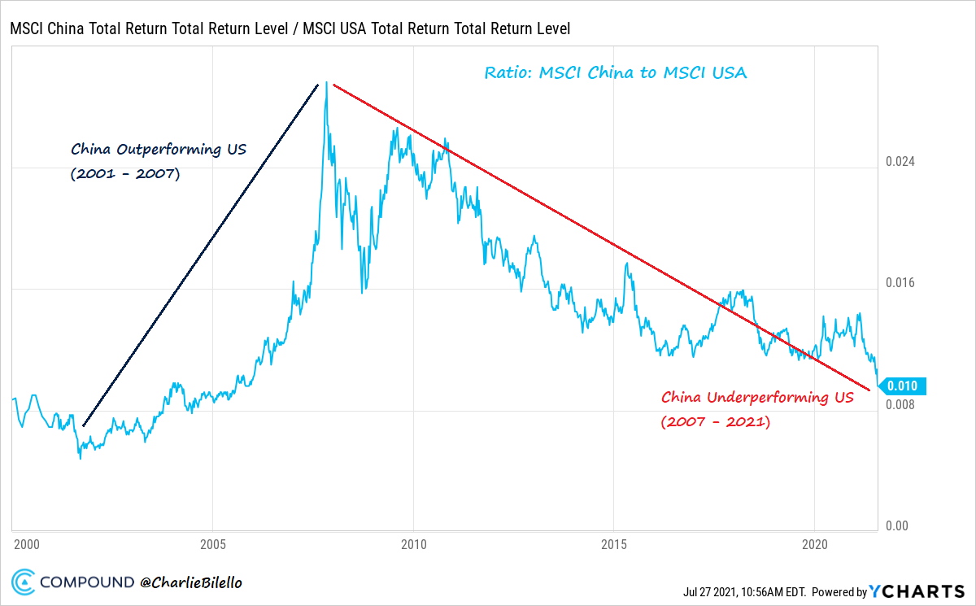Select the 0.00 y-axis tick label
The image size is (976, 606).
point(895,526)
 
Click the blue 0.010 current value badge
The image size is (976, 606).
point(902,386)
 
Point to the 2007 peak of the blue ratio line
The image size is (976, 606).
point(326,83)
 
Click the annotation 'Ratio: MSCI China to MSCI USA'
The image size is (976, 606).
point(616,72)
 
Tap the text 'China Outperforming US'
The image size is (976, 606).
point(159,150)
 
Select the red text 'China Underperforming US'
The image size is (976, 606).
point(757,398)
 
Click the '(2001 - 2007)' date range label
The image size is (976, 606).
point(125,174)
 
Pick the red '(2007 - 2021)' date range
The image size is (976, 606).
point(715,422)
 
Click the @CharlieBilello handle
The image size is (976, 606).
point(190,582)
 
